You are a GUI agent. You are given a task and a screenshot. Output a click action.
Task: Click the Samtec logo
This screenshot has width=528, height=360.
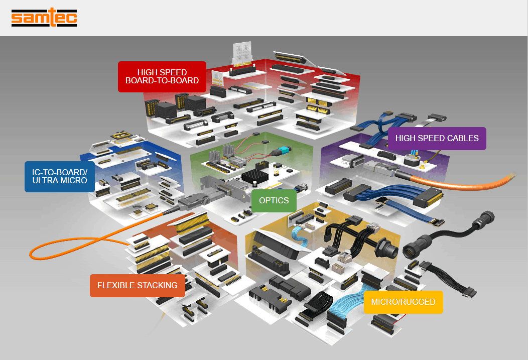coord(44,19)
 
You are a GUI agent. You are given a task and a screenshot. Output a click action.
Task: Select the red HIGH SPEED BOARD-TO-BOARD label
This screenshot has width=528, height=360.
coord(162,76)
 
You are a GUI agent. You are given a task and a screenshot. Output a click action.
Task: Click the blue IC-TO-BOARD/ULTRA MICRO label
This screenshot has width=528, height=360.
coord(60,176)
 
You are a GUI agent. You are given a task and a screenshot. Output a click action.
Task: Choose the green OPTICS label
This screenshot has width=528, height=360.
coord(274,200)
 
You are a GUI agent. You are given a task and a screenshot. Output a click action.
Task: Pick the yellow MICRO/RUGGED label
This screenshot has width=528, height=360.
coord(403,302)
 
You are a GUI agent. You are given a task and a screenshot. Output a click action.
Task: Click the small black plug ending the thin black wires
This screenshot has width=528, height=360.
coord(470,291)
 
